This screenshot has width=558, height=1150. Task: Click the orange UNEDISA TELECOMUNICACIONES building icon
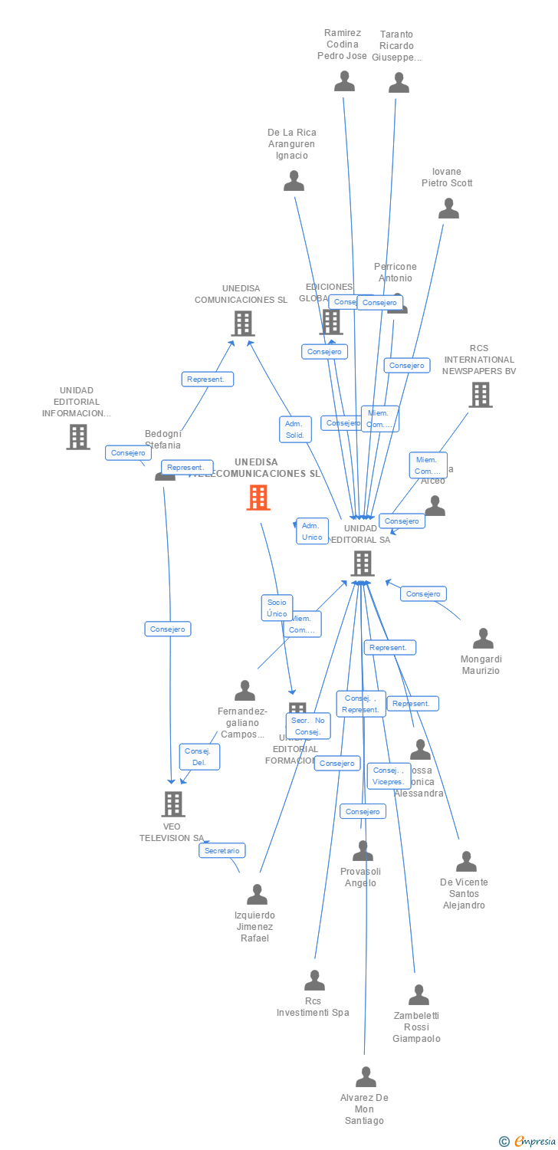pyautogui.click(x=258, y=498)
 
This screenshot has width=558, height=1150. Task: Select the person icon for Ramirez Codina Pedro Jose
pyautogui.click(x=345, y=80)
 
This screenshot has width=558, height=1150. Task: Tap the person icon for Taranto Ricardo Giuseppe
pyautogui.click(x=399, y=82)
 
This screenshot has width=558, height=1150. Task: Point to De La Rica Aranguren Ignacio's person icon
pyautogui.click(x=294, y=181)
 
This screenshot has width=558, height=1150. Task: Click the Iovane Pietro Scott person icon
pyautogui.click(x=448, y=208)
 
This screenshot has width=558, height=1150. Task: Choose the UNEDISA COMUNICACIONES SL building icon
pyautogui.click(x=243, y=324)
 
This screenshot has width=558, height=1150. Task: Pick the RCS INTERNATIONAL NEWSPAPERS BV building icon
pyautogui.click(x=481, y=395)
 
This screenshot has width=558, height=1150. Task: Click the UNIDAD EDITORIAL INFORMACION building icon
pyautogui.click(x=78, y=436)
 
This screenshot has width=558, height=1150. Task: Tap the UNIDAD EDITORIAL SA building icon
pyautogui.click(x=363, y=563)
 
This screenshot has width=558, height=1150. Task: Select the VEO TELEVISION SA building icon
pyautogui.click(x=174, y=803)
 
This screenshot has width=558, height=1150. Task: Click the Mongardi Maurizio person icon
pyautogui.click(x=483, y=638)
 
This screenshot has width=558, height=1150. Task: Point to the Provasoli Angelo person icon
pyautogui.click(x=363, y=850)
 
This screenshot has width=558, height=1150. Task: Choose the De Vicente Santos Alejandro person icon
pyautogui.click(x=466, y=861)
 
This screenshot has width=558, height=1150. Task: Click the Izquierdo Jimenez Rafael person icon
pyautogui.click(x=257, y=894)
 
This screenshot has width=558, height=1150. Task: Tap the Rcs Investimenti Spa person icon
pyautogui.click(x=315, y=980)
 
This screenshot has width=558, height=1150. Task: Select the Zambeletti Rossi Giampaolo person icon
pyautogui.click(x=419, y=994)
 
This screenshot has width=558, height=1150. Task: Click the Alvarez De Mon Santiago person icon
pyautogui.click(x=366, y=1076)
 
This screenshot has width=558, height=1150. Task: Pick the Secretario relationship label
pyautogui.click(x=222, y=850)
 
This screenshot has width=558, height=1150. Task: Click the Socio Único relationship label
pyautogui.click(x=277, y=608)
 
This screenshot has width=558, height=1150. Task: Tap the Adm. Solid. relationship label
pyautogui.click(x=294, y=429)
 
